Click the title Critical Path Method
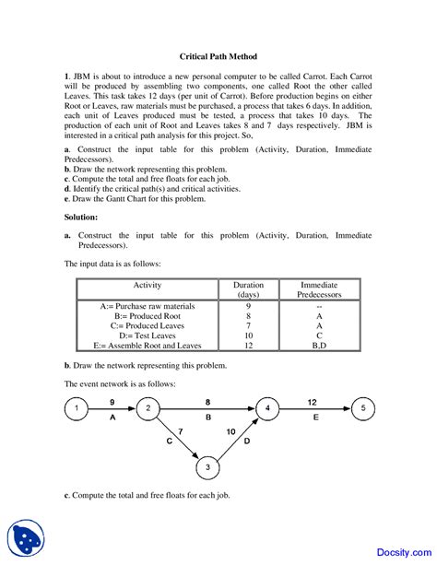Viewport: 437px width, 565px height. point(218,56)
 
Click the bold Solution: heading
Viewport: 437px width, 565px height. point(81,217)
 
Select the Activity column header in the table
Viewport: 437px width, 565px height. point(148,286)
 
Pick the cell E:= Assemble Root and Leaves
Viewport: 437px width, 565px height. point(148,347)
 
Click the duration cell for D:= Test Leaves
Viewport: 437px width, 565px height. point(248,336)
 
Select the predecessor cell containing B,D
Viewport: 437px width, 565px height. point(319,347)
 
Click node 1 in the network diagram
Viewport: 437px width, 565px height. point(79,407)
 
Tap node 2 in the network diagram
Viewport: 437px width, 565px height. point(148,407)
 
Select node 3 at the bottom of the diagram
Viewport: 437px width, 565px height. point(208,468)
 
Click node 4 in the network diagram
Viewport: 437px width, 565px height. point(268,407)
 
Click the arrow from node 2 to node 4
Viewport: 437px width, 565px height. point(207,407)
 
